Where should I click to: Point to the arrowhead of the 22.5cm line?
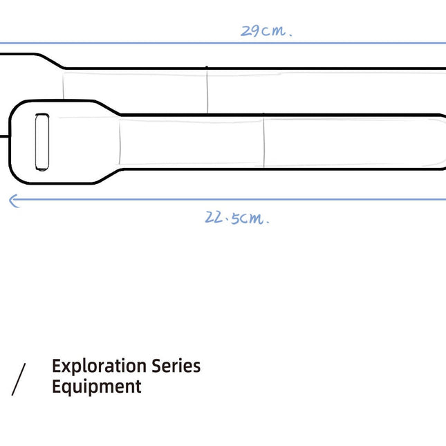coord(12,201)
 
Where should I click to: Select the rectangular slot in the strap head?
coord(41,142)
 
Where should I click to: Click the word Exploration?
coord(98,366)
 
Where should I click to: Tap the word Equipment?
coord(96,387)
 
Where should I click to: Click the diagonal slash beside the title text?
coord(19,380)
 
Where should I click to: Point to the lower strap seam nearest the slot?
coord(120,142)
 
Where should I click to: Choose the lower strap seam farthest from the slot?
coord(263,142)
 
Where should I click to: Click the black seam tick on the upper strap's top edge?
coord(207,68)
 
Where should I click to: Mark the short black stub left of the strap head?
coord(5,136)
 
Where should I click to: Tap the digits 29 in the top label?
coord(250,31)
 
